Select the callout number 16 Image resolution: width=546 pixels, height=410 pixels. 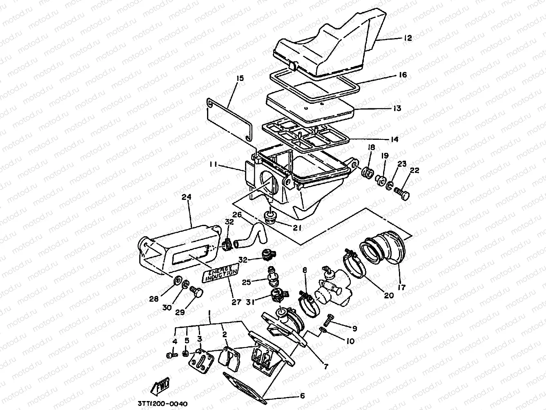(x=403, y=75)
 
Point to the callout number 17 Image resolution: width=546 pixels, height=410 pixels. (x=402, y=288)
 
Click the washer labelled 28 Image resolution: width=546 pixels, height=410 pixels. (x=177, y=280)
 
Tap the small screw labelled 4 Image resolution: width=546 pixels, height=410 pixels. (x=171, y=356)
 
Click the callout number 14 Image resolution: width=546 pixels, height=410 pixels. (x=394, y=140)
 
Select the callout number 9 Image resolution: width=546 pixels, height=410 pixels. (x=354, y=328)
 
